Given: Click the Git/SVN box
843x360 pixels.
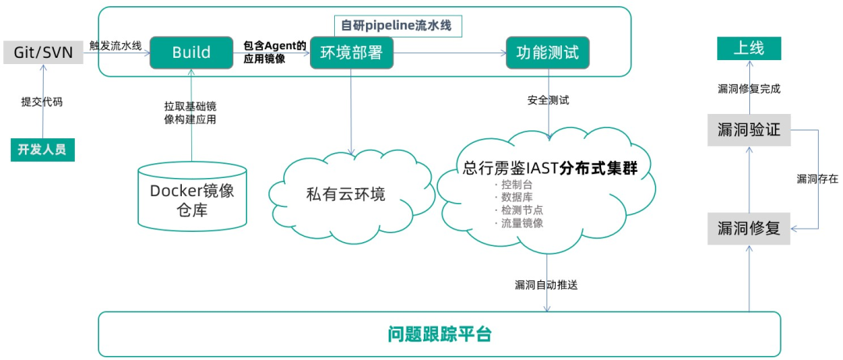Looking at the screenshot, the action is tap(43, 53).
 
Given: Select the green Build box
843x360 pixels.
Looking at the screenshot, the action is tap(191, 52).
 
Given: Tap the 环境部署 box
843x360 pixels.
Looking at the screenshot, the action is tap(351, 52).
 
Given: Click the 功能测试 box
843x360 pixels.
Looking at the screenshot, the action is tap(547, 52).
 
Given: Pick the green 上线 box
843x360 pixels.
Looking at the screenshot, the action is tap(749, 49).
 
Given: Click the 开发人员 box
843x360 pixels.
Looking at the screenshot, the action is tap(42, 149).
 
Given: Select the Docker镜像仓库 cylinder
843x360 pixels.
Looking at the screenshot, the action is tap(193, 194).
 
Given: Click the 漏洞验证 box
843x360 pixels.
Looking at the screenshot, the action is tap(749, 130).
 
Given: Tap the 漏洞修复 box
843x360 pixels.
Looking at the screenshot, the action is tap(749, 229).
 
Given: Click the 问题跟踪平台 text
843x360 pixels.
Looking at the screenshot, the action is tap(439, 334).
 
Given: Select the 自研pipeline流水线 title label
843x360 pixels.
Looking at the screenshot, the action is tap(398, 26).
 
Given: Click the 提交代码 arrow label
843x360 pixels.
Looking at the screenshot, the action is tap(41, 102).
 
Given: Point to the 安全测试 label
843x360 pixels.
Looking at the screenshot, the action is tap(549, 99).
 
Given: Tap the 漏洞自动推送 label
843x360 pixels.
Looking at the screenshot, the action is tap(546, 285).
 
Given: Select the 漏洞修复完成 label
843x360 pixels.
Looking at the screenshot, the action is tap(749, 89).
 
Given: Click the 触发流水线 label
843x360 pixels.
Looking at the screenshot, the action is tap(116, 46).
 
